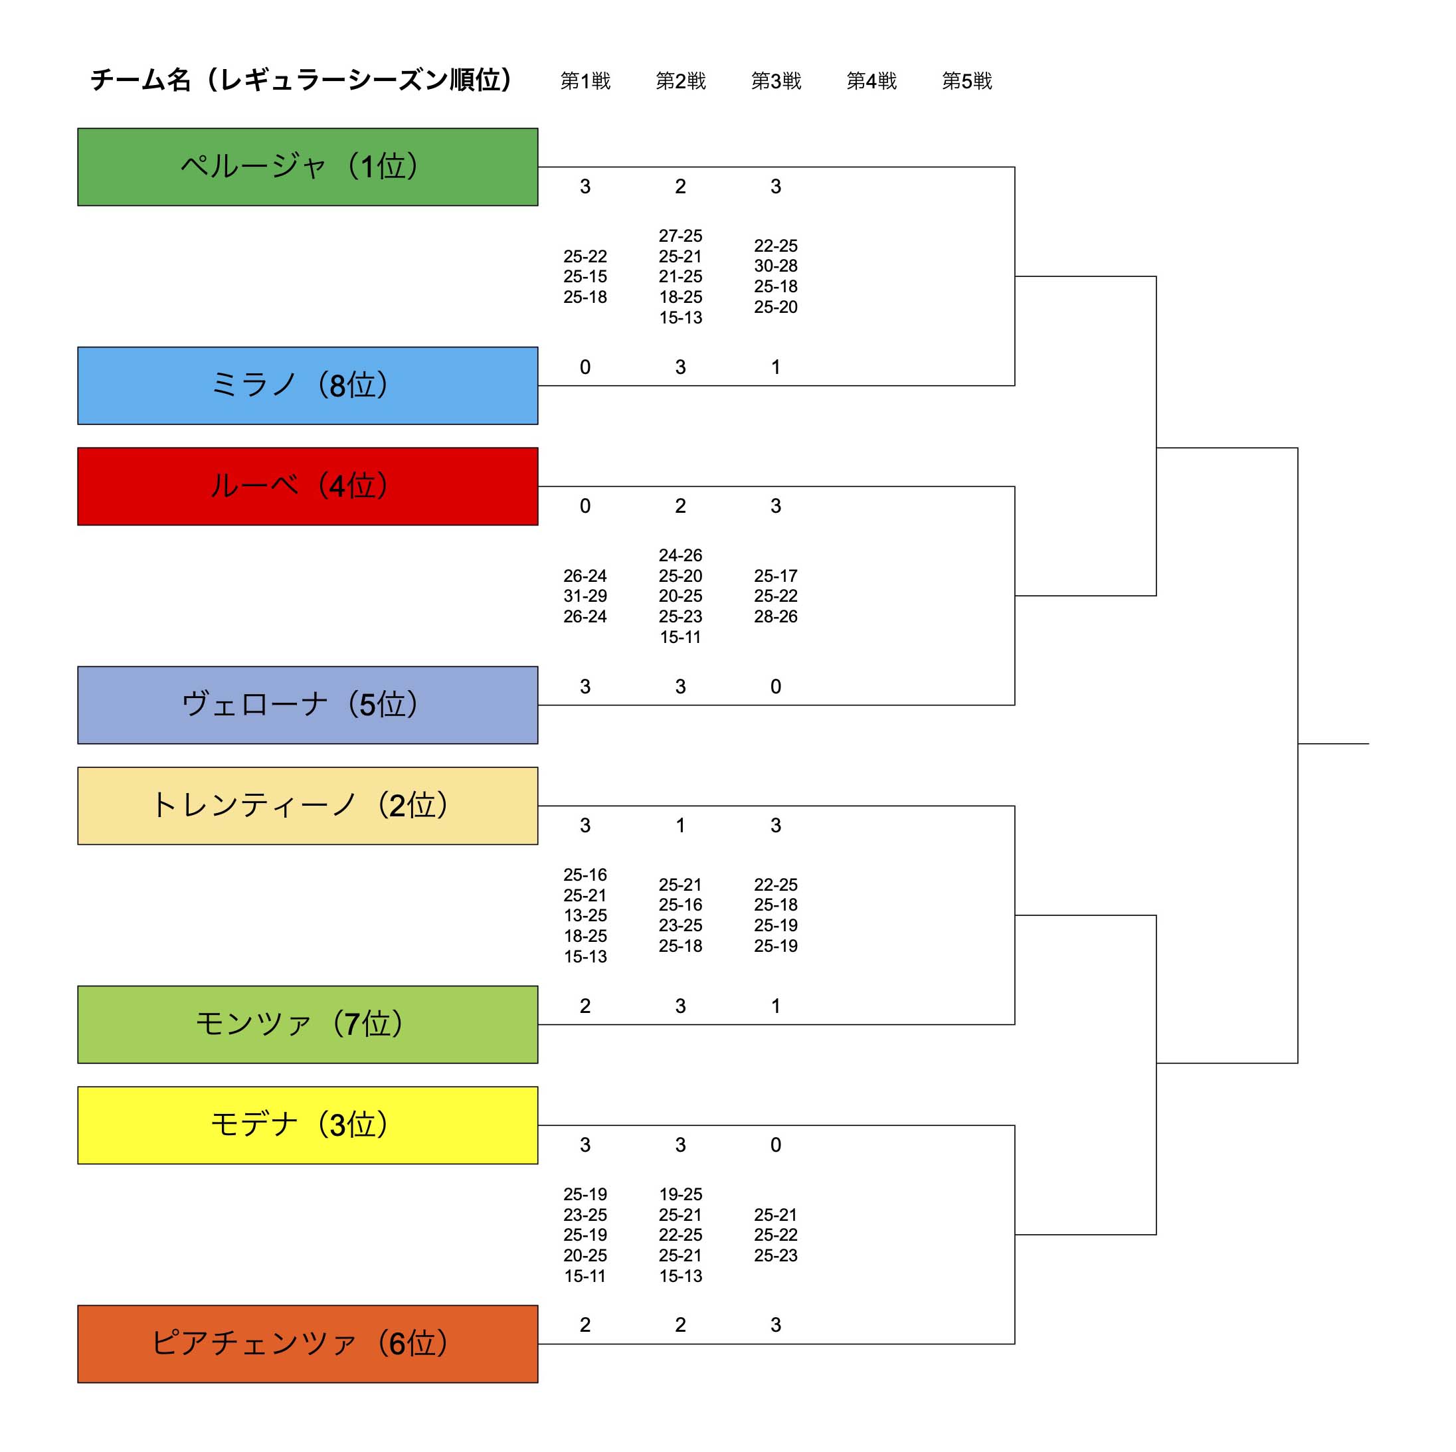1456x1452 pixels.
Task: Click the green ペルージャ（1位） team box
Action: coord(308,167)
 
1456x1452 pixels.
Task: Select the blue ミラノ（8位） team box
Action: coord(308,385)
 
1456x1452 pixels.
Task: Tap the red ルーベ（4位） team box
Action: coord(308,486)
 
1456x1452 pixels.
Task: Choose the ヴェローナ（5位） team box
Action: coord(308,705)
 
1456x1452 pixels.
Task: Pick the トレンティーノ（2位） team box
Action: coord(308,806)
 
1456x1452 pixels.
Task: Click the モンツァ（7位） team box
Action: coord(308,1024)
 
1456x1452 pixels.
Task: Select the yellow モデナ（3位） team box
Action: coord(308,1125)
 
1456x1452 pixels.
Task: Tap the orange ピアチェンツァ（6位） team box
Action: coord(308,1344)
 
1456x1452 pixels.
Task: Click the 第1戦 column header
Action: coord(585,80)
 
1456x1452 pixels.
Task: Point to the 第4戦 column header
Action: coord(871,80)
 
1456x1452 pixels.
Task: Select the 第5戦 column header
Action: coord(967,80)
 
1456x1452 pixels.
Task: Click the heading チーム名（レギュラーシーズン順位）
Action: coord(301,79)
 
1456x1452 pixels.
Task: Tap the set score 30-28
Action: coord(775,266)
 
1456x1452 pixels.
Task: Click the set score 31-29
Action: coord(585,596)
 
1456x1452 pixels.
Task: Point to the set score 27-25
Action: coord(681,236)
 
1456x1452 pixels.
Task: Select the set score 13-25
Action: coord(585,915)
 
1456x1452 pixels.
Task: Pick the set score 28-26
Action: coord(775,616)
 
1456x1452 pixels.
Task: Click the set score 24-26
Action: coord(681,555)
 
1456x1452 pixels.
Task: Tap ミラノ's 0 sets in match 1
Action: coord(585,367)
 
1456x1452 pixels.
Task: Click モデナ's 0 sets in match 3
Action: coord(775,1144)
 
